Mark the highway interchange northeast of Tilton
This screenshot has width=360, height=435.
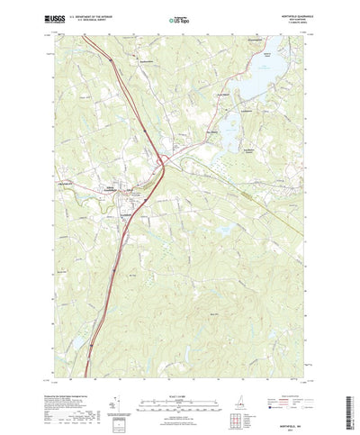tap(164, 162)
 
